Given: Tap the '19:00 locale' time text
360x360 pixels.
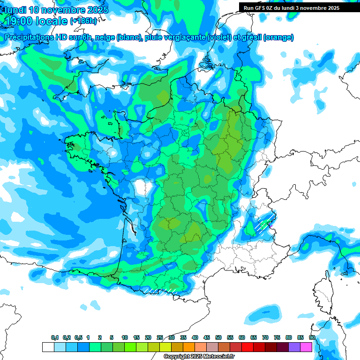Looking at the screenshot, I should click(x=36, y=21).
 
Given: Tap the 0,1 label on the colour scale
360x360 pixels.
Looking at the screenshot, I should click(x=55, y=338).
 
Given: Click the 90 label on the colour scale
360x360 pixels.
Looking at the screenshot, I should click(x=312, y=338).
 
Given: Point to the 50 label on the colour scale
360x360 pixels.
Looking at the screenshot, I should click(x=218, y=338).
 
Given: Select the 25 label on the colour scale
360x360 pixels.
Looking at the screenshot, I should click(x=160, y=338).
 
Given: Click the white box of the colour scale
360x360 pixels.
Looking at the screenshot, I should click(x=48, y=347).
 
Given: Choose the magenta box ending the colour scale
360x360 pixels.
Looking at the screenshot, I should click(x=306, y=347).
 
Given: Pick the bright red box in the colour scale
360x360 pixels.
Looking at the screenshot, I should click(x=247, y=347).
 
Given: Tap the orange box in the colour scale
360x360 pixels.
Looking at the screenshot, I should click(x=188, y=347).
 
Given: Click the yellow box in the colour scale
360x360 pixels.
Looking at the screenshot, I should click(x=165, y=347).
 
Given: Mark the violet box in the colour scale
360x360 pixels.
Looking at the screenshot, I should click(x=294, y=347).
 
